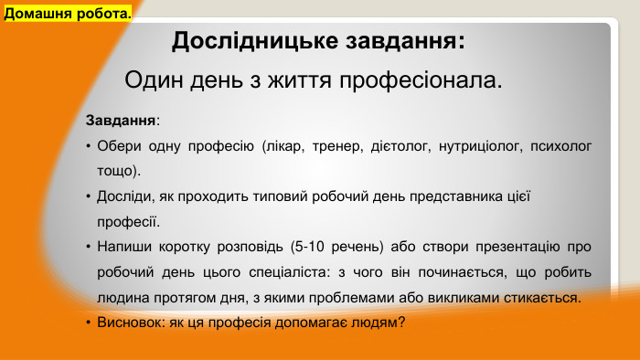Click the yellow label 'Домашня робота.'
click(x=68, y=15)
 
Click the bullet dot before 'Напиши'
click(x=87, y=247)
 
